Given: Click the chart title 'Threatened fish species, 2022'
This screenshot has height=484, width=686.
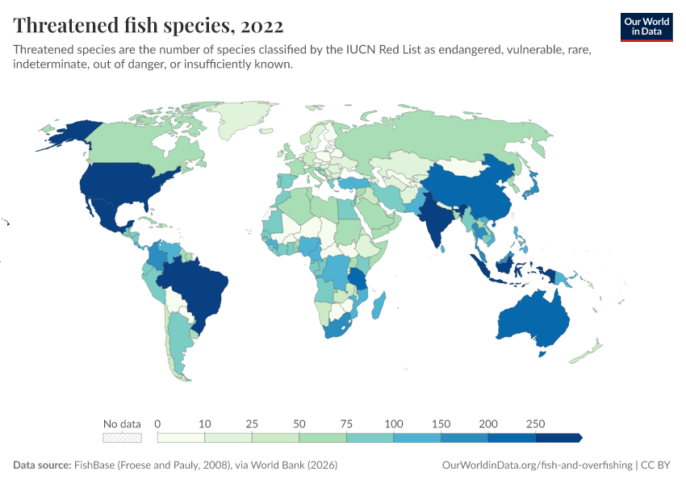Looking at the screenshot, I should click(148, 26).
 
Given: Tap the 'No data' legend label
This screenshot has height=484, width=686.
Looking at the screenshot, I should click(122, 423).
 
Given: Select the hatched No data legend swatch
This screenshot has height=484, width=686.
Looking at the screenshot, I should click(122, 438).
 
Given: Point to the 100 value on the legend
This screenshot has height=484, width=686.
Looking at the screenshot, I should click(394, 423).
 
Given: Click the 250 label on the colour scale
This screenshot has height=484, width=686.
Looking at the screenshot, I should click(536, 423).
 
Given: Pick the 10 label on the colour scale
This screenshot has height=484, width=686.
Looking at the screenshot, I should click(205, 423).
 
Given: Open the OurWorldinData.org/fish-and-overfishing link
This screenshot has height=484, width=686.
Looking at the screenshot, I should click(538, 465).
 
